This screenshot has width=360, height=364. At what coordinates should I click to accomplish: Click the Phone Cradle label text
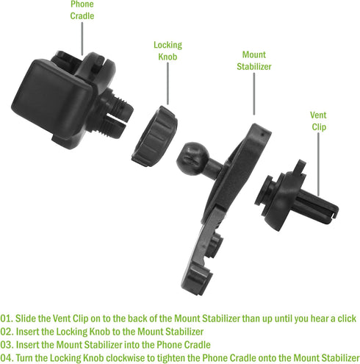pyautogui.click(x=82, y=10)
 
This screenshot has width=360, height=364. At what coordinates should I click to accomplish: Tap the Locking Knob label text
pyautogui.click(x=168, y=51)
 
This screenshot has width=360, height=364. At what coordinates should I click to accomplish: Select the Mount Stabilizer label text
pyautogui.click(x=254, y=60)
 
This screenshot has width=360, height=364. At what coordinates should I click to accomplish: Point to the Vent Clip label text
pyautogui.click(x=318, y=121)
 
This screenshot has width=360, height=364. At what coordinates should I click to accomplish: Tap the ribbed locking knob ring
pyautogui.click(x=155, y=136)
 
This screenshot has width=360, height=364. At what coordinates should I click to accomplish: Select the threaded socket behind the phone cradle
pyautogui.click(x=115, y=112)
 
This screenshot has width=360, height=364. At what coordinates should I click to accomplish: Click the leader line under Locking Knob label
pyautogui.click(x=168, y=84)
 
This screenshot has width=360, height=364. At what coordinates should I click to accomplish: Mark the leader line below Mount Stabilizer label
pyautogui.click(x=254, y=94)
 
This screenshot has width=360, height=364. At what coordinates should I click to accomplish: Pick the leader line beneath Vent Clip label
pyautogui.click(x=318, y=164)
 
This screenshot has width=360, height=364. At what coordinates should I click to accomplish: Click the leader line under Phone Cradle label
pyautogui.click(x=82, y=39)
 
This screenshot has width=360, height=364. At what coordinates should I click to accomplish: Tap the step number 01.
pyautogui.click(x=7, y=318)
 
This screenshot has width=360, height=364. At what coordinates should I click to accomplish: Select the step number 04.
pyautogui.click(x=7, y=358)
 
